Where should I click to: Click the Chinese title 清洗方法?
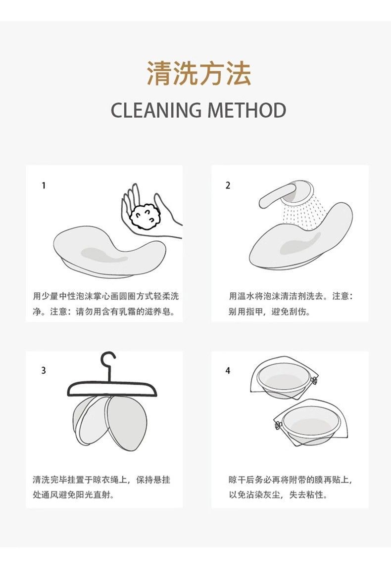[199, 73]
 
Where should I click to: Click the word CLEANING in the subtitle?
[156, 110]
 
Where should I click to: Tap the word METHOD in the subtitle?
[246, 110]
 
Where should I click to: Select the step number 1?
[44, 185]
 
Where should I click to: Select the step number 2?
[228, 185]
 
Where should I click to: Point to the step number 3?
[44, 370]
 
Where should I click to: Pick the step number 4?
[228, 370]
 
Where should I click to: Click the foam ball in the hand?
[145, 217]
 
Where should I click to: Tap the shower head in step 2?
[285, 195]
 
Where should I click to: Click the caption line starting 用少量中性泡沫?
[106, 296]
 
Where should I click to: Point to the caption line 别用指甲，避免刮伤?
[269, 312]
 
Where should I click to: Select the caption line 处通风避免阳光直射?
[73, 495]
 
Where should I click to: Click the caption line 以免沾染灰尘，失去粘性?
[278, 495]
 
